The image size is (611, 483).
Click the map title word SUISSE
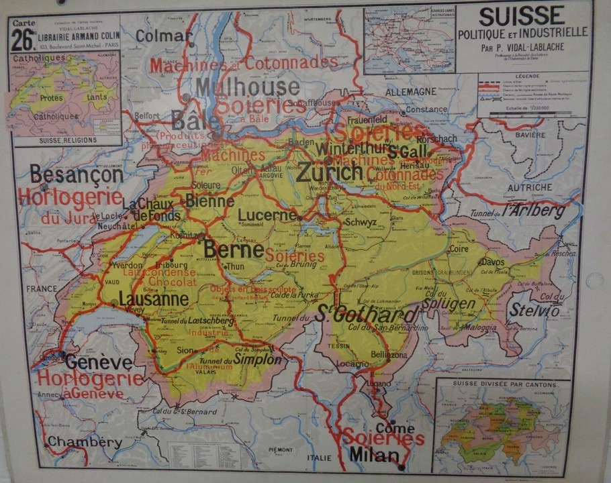click(x=522, y=15)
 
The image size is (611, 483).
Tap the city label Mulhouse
click(x=248, y=87)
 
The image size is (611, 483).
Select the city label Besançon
click(x=76, y=175)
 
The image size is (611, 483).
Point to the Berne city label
click(x=233, y=249)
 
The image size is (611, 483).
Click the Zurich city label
click(x=330, y=172)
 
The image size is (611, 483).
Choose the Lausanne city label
click(x=153, y=299)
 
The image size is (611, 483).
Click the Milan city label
click(x=373, y=455)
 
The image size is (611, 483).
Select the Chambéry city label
click(x=85, y=442)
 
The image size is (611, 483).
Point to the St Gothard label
click(x=368, y=313)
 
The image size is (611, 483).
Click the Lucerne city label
click(x=267, y=215)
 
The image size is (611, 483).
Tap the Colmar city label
click(x=164, y=36)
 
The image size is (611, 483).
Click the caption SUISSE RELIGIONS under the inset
click(x=67, y=140)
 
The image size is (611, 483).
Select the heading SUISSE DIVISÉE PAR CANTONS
click(x=502, y=385)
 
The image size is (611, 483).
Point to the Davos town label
click(x=491, y=262)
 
